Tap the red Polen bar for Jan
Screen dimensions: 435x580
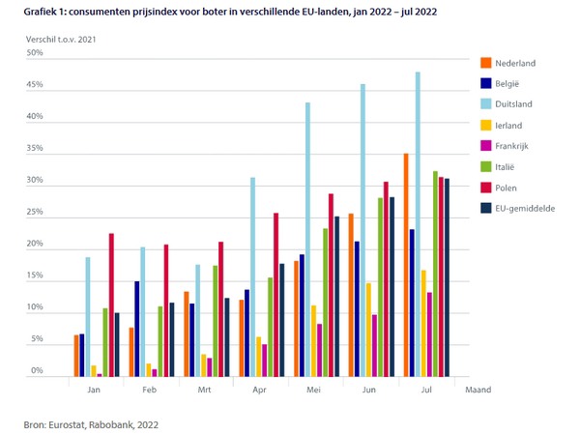coord(111,304)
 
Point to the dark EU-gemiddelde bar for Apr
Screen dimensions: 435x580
coord(281,320)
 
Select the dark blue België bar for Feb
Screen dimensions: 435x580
coord(137,329)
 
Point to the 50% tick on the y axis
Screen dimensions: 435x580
coord(35,53)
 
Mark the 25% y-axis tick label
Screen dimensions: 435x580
coord(35,213)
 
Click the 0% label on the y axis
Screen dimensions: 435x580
coord(37,371)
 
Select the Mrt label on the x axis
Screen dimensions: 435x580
coord(205,390)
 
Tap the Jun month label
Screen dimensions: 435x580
coord(368,390)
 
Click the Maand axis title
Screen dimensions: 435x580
coord(479,390)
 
